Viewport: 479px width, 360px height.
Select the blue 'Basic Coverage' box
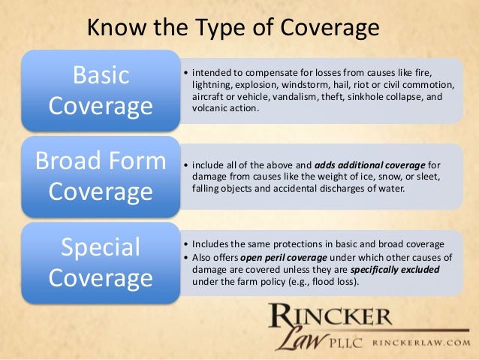click(x=100, y=90)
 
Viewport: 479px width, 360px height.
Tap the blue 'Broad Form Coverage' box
click(x=100, y=176)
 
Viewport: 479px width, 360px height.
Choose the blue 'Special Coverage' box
click(x=100, y=263)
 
